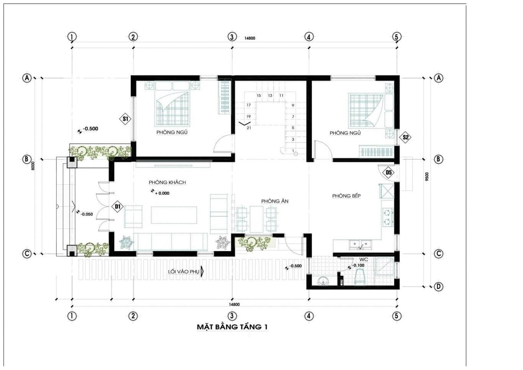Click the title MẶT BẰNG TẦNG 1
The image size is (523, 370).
point(232,327)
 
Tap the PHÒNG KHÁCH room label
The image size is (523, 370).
point(167,182)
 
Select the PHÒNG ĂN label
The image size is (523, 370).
point(275,201)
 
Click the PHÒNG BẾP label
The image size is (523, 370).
point(346,196)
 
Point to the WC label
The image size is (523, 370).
point(363,259)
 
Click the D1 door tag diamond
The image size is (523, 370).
point(118,207)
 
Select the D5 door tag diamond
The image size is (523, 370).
point(389,172)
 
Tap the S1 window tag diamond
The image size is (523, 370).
point(125,119)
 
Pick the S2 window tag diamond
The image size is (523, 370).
point(406,137)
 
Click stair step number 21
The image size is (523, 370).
point(249,128)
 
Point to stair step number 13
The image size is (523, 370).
point(270,95)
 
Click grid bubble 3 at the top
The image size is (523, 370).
point(232,37)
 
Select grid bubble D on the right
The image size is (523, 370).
point(439,287)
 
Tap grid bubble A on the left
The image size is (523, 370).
point(26,78)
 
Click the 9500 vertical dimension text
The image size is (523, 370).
point(427,177)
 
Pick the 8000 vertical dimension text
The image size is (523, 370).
point(33,165)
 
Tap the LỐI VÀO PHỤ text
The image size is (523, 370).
point(184,272)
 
